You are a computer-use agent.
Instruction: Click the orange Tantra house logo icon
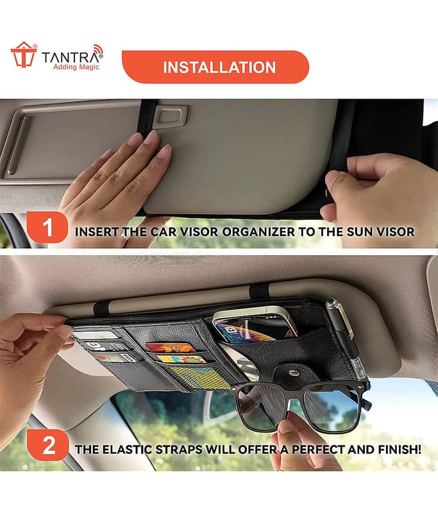24,55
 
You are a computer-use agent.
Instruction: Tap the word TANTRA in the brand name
70,58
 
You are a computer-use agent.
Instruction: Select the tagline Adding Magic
76,67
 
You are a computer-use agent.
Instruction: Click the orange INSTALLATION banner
215,67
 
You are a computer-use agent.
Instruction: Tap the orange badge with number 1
47,227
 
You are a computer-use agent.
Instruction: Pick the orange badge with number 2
47,445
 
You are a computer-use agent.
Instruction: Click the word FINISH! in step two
400,450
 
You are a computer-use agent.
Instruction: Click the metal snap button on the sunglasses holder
294,373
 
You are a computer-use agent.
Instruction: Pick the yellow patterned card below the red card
182,359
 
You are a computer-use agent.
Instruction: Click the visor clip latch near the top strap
171,116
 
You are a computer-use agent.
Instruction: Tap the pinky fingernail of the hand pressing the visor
106,154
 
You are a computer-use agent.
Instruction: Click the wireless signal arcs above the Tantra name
97,50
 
